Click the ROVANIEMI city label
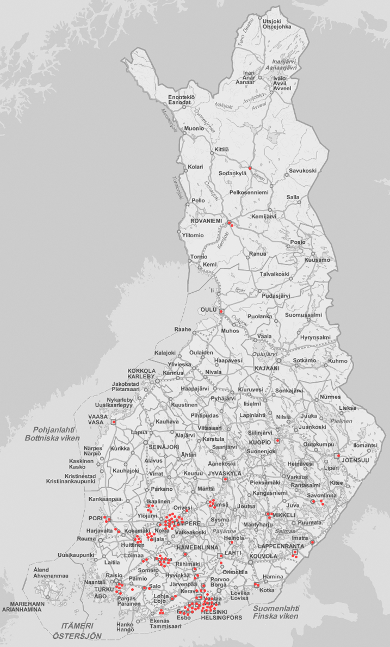coord(208,221)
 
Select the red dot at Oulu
coord(221,311)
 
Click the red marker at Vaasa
coord(114,422)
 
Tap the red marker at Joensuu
coord(337,455)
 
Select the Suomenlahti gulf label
coord(275,608)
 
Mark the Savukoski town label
coord(302,170)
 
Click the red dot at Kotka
coord(256,585)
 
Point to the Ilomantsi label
coord(364,445)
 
